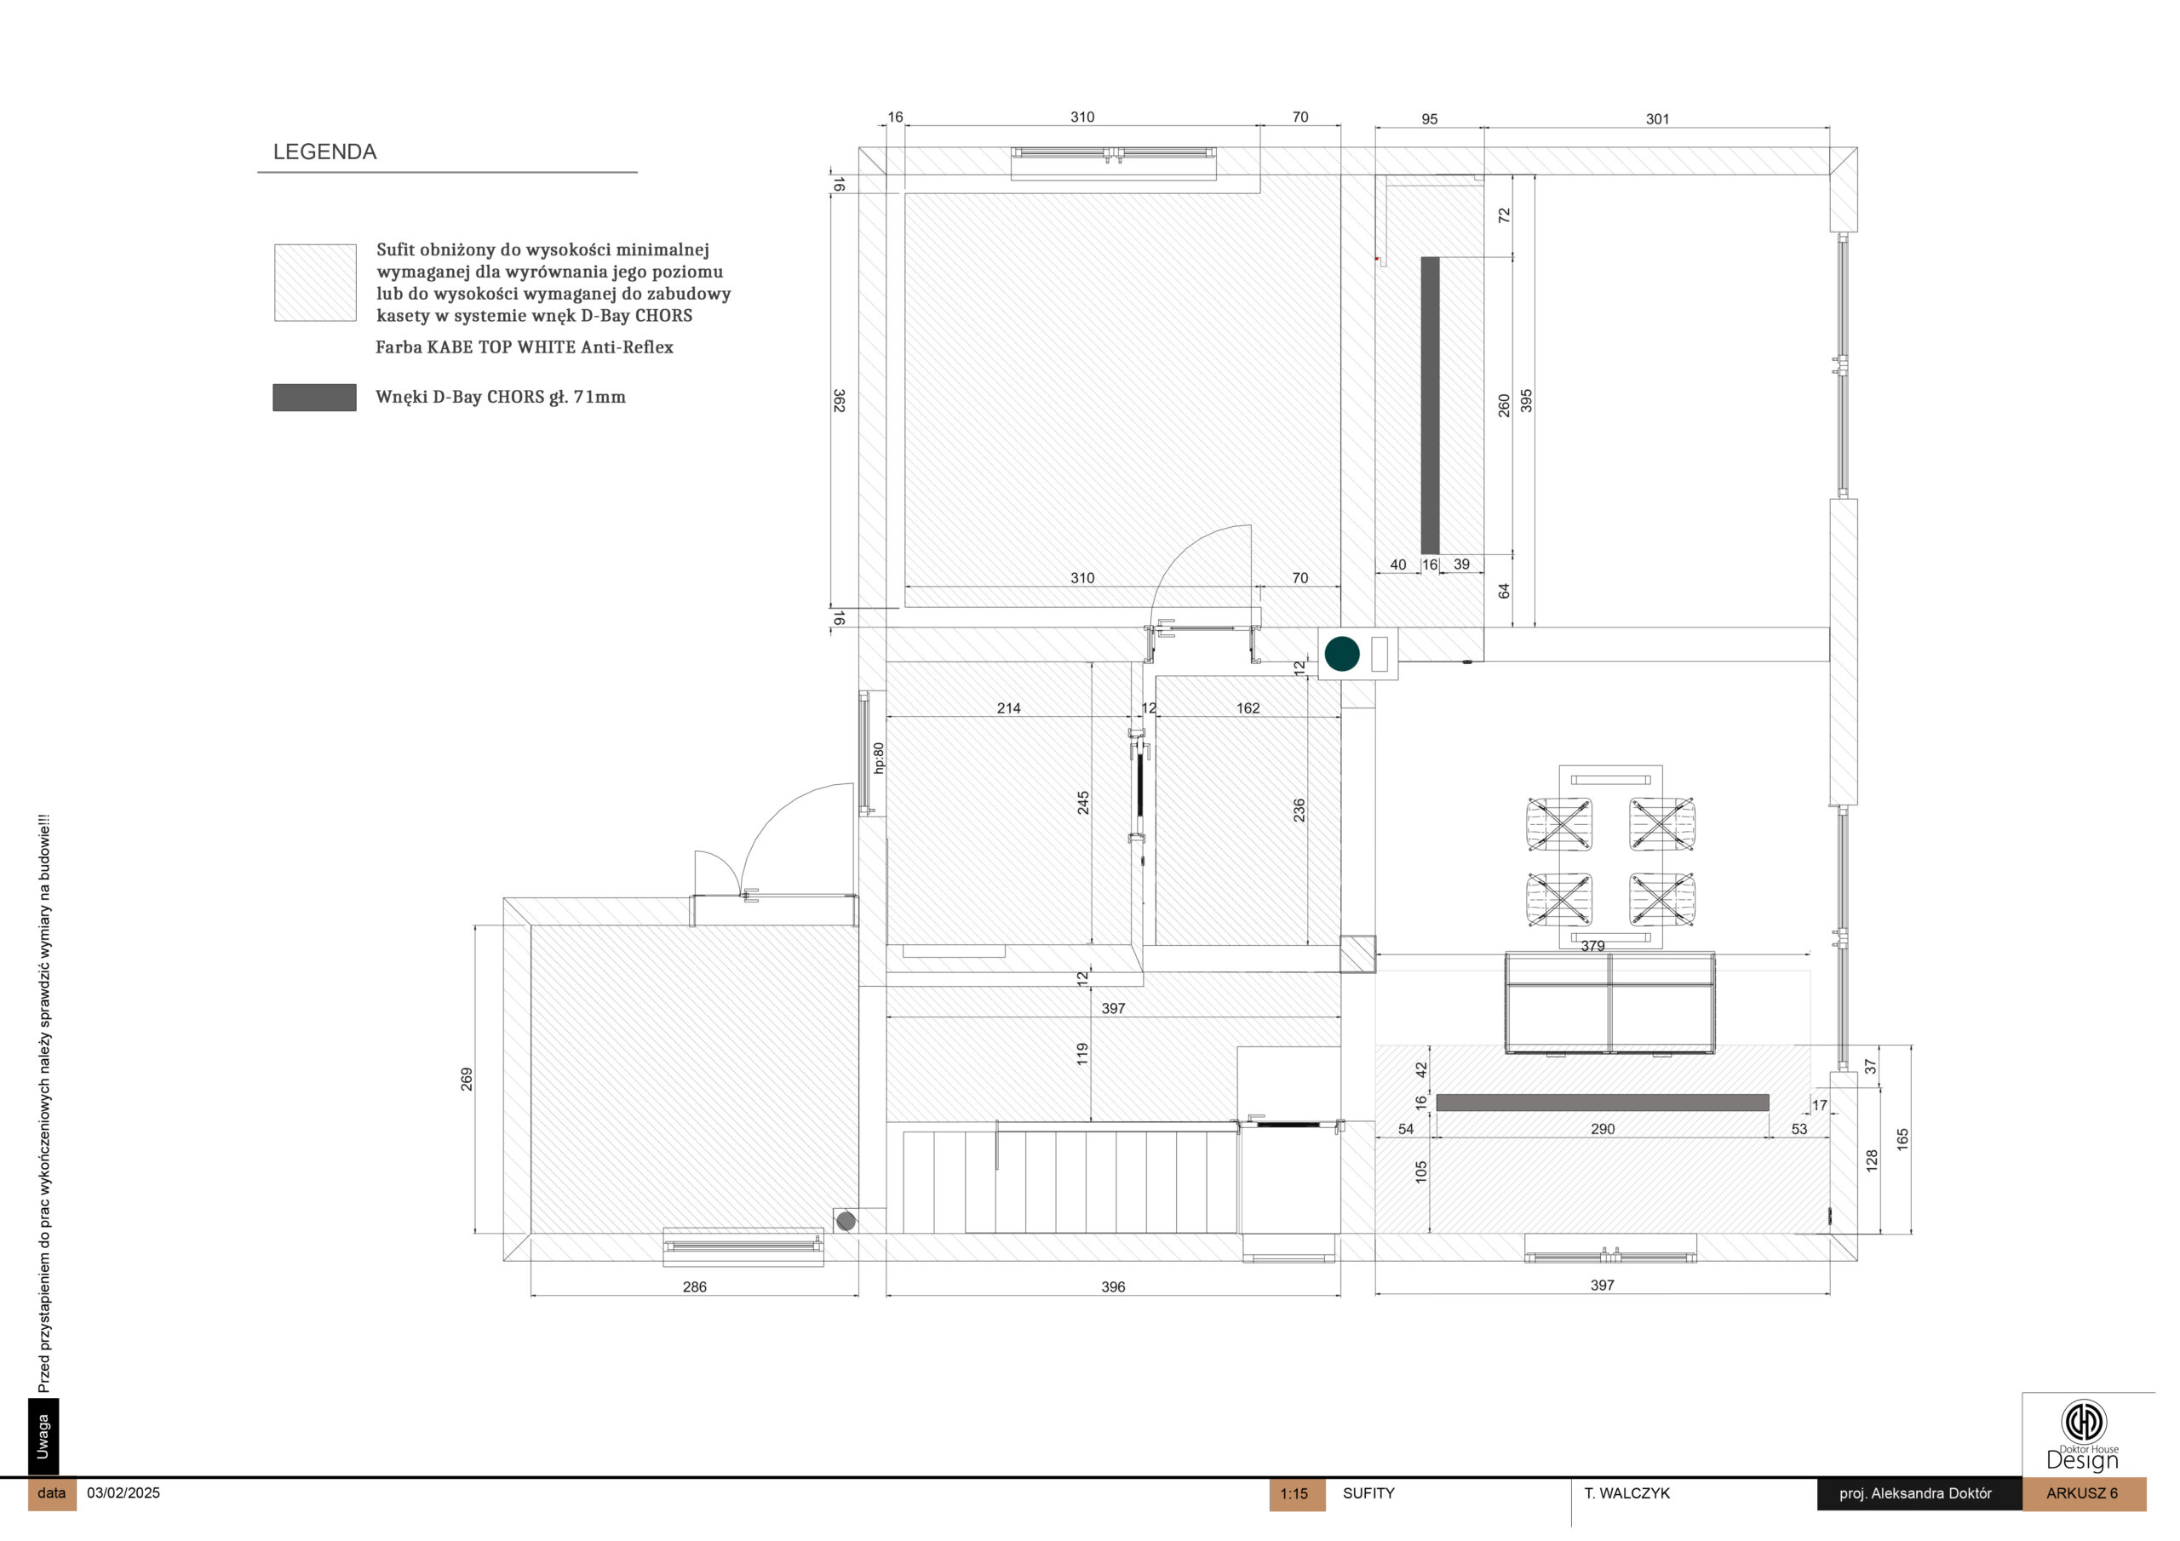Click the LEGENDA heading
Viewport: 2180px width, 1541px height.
point(324,152)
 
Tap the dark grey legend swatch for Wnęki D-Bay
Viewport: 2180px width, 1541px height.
point(314,397)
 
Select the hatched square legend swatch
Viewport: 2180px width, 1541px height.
point(315,282)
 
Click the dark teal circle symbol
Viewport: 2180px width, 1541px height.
point(1341,653)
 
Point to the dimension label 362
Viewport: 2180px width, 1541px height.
point(840,401)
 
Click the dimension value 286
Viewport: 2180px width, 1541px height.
point(694,1286)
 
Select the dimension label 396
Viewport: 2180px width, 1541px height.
point(1113,1286)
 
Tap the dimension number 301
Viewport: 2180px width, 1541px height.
point(1657,118)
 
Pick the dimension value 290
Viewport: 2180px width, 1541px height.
point(1603,1129)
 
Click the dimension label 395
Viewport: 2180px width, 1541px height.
point(1526,401)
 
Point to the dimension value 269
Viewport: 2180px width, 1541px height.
point(466,1079)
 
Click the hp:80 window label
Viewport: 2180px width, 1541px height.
point(878,758)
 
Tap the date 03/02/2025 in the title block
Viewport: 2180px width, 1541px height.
point(123,1492)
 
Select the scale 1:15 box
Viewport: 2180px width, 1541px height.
point(1296,1493)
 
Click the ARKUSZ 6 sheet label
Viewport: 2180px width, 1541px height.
point(2081,1493)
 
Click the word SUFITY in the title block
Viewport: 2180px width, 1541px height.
point(1368,1492)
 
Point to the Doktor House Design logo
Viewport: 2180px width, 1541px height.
point(2083,1435)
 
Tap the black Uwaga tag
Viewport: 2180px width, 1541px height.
point(43,1436)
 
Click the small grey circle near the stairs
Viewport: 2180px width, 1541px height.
point(846,1221)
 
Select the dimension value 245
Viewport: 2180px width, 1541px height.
point(1083,802)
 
